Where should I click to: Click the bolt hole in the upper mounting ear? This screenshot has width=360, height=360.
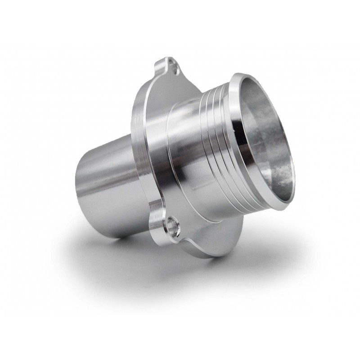173,68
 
